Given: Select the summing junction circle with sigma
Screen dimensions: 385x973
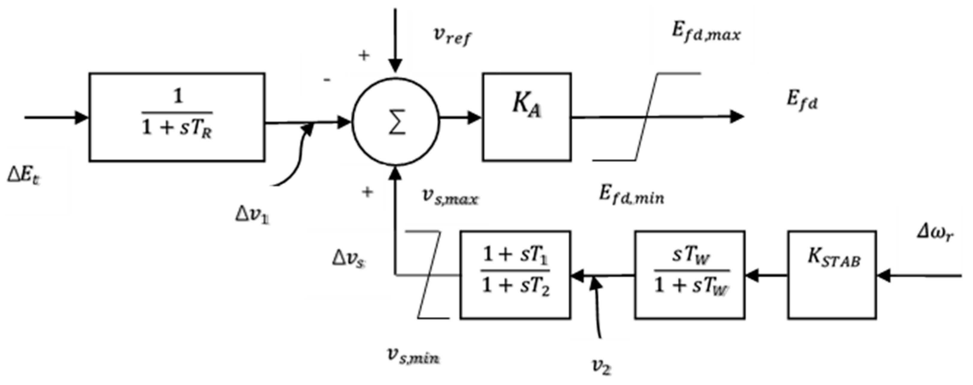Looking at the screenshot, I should click(x=396, y=122).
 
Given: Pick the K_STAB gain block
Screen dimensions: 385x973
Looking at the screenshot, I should click(x=832, y=275).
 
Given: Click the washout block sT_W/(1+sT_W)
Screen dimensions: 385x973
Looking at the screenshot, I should click(x=690, y=275).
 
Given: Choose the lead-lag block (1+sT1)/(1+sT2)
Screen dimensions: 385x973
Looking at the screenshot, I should click(x=515, y=275).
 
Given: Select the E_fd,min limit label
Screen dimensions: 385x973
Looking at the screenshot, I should click(x=631, y=196).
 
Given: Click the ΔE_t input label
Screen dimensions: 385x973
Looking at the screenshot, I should click(x=23, y=176).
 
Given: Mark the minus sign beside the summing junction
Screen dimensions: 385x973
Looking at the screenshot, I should click(x=327, y=80).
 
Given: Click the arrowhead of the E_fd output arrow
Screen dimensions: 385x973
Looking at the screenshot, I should click(x=737, y=116).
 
